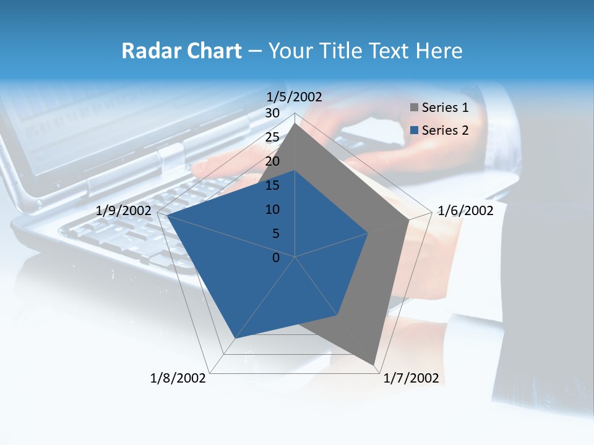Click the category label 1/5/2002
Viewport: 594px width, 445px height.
click(294, 96)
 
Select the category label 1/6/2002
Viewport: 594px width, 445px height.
click(465, 211)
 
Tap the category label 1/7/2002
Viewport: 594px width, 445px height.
click(411, 378)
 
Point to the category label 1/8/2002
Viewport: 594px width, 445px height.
click(178, 378)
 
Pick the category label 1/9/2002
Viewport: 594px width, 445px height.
click(124, 211)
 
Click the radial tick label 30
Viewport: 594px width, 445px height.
click(272, 113)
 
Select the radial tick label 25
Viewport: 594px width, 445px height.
click(272, 137)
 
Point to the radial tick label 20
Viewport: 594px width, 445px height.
click(272, 161)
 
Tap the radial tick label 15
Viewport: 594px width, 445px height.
click(272, 185)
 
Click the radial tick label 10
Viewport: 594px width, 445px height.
click(272, 210)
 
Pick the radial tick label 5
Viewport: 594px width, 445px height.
click(275, 234)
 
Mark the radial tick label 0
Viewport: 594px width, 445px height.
click(276, 258)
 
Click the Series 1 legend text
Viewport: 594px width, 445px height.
click(445, 108)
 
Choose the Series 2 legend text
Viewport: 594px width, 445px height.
click(445, 130)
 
